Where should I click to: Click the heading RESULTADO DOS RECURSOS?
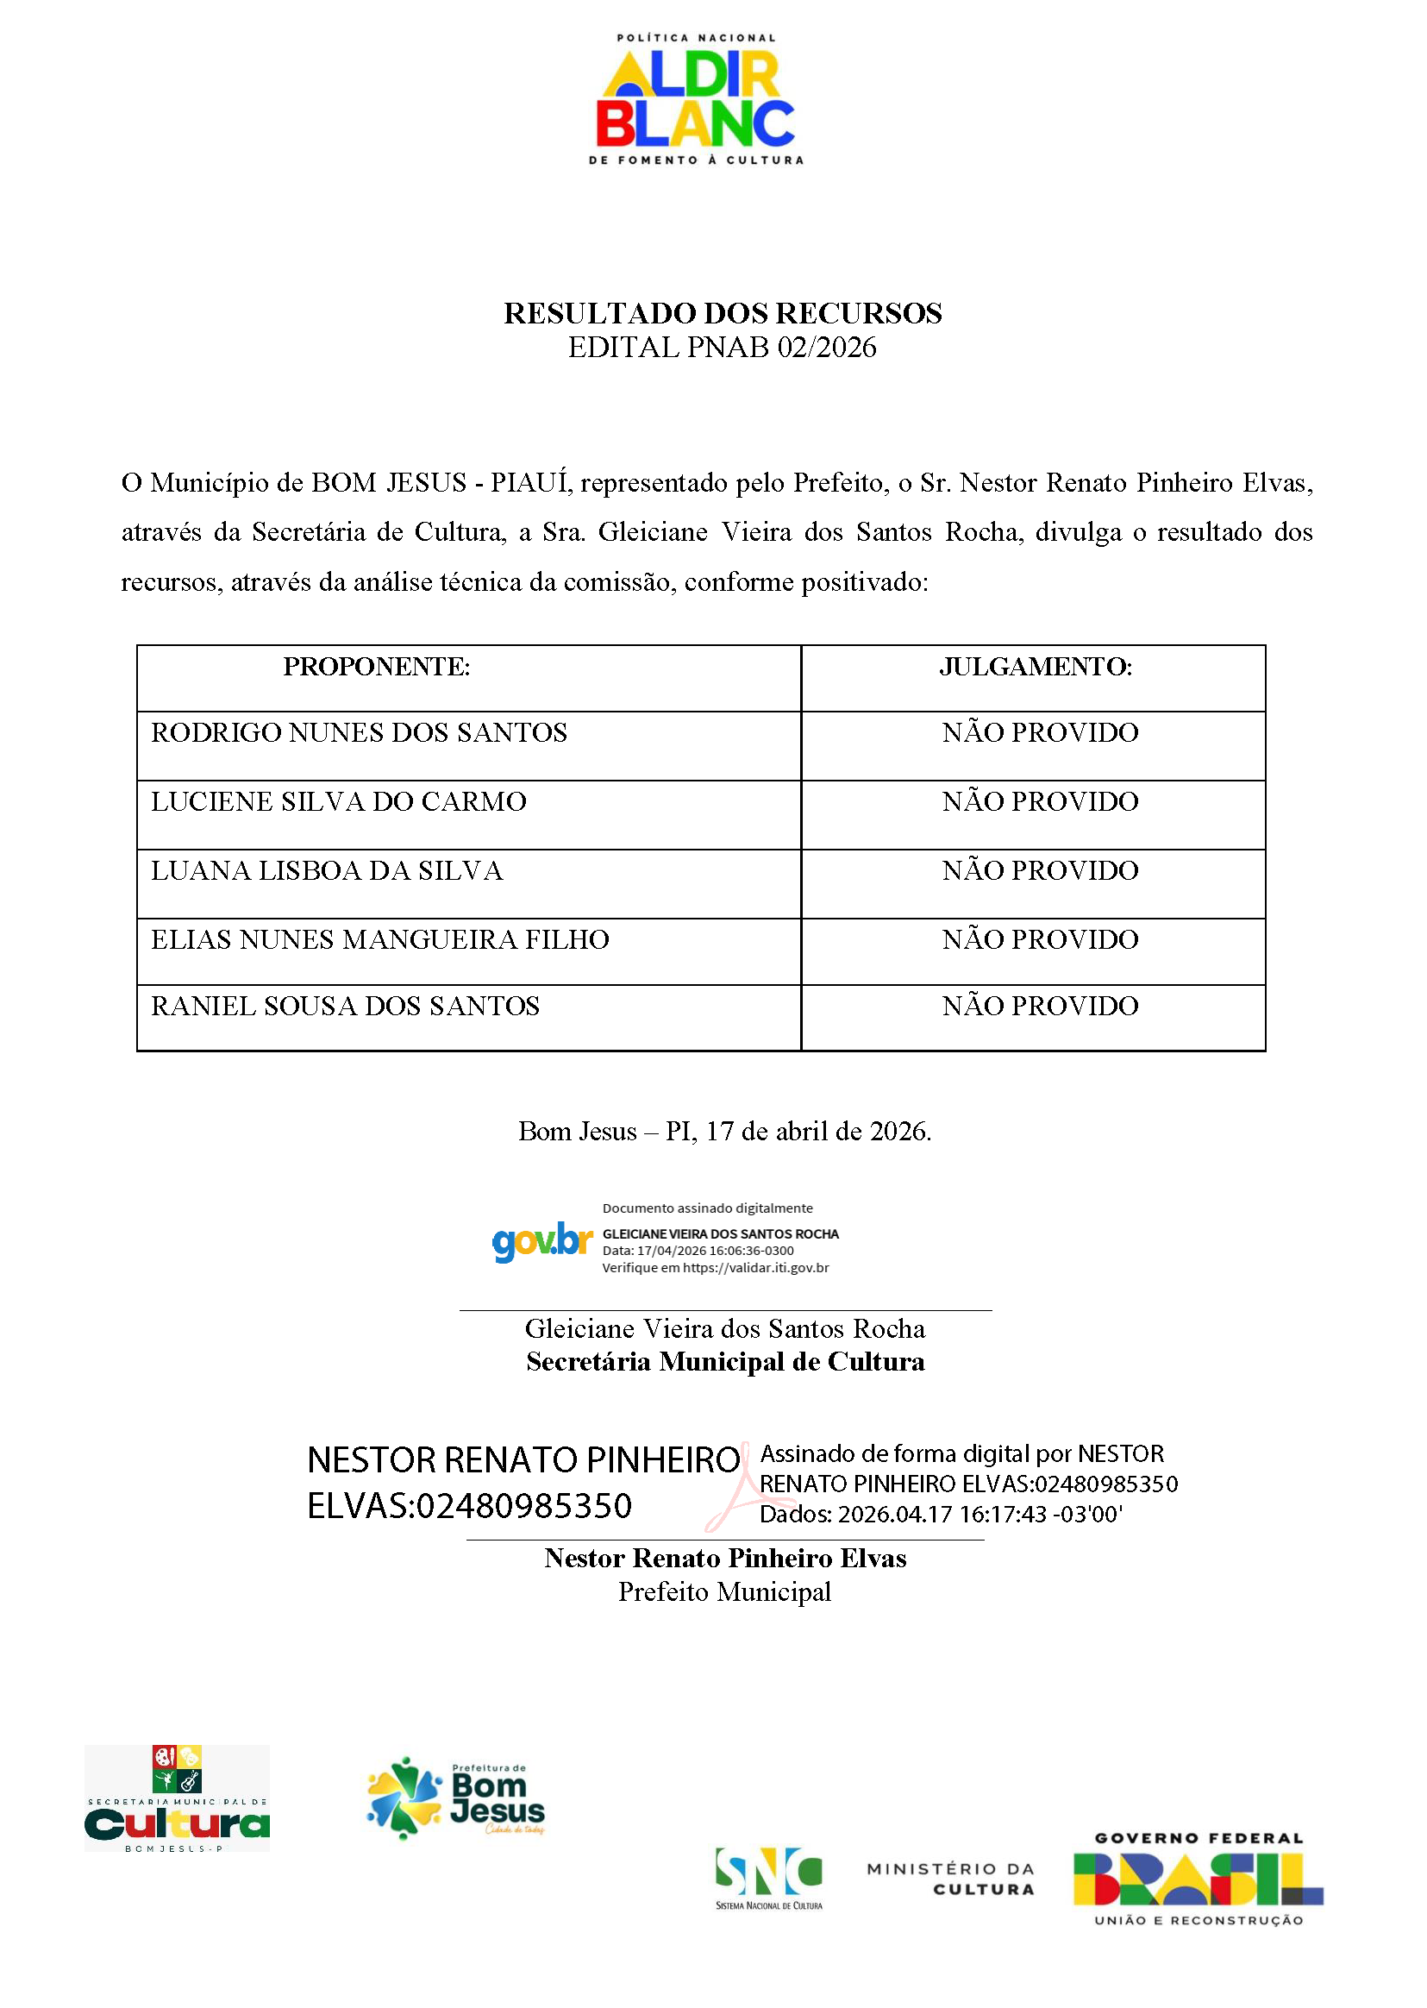click(723, 314)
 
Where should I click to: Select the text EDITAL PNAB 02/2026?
click(723, 348)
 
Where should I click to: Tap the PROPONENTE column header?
click(376, 667)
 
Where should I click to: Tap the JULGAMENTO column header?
click(1035, 667)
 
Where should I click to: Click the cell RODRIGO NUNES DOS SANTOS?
click(359, 733)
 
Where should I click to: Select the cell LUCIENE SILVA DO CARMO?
click(338, 801)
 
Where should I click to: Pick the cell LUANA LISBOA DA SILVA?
click(327, 871)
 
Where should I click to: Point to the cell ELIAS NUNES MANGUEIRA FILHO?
click(379, 940)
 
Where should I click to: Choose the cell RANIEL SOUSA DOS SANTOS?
click(346, 1007)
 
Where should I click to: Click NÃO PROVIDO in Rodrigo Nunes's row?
click(1040, 733)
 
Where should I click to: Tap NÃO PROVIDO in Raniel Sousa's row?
click(1040, 1007)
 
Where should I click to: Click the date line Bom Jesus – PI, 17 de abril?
click(724, 1132)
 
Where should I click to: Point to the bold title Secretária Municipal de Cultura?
click(725, 1362)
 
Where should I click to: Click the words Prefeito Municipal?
click(724, 1592)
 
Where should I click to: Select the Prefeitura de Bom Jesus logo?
click(456, 1798)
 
